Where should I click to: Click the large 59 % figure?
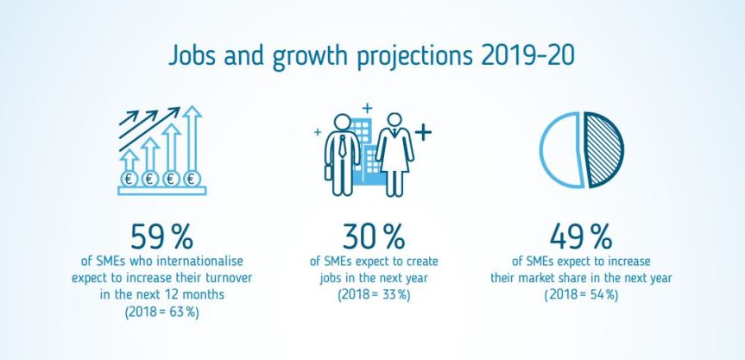tap(164, 237)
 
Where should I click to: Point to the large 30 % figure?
tap(373, 237)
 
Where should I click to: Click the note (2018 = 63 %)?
tap(164, 312)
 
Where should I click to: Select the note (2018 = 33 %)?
tap(373, 294)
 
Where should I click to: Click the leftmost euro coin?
tap(129, 180)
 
